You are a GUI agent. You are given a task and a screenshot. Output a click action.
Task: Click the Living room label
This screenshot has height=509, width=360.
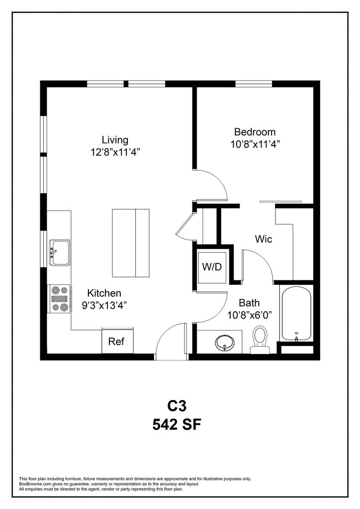(x=115, y=140)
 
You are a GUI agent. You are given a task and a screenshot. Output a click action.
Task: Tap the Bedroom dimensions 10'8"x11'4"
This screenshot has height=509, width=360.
(x=255, y=144)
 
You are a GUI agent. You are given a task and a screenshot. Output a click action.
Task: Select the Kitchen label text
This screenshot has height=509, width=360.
(x=104, y=293)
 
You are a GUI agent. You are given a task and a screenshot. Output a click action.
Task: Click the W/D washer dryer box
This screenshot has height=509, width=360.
(x=212, y=267)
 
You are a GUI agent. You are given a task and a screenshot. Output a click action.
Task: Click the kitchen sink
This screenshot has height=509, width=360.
(x=59, y=253)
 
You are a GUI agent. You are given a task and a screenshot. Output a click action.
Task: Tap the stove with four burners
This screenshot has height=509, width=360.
(x=59, y=299)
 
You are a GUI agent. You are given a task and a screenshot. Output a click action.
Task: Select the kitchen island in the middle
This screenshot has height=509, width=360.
(x=131, y=243)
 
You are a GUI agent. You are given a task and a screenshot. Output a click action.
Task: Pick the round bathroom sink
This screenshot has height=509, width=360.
(x=225, y=342)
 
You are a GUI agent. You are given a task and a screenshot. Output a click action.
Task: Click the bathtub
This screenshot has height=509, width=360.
(x=296, y=313)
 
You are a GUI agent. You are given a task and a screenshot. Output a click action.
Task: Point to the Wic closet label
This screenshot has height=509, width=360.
(x=263, y=239)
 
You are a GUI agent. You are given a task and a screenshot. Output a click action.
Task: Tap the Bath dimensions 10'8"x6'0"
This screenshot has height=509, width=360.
(x=250, y=315)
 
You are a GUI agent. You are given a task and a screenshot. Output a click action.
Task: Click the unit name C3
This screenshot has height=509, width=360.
(x=177, y=406)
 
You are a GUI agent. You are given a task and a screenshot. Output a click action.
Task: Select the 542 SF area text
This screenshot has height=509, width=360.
(x=177, y=424)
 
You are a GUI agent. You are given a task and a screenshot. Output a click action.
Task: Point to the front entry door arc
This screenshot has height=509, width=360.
(x=166, y=336)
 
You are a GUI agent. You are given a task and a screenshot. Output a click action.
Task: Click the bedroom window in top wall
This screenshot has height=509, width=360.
(x=254, y=84)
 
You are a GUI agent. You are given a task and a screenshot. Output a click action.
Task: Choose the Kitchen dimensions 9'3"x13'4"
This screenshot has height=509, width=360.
(x=104, y=305)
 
